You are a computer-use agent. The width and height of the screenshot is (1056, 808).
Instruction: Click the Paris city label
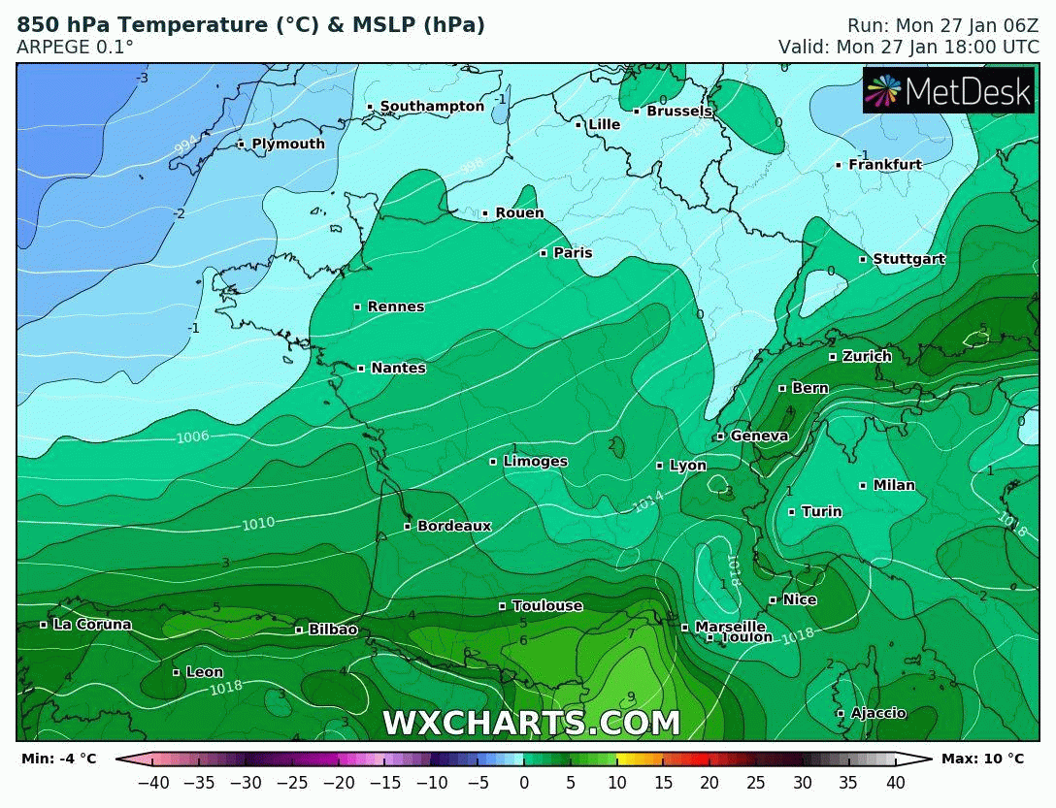[x=572, y=253]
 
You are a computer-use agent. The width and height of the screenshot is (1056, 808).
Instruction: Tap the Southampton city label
[x=431, y=107]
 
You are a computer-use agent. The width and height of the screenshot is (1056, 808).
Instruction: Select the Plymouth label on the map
[x=287, y=145]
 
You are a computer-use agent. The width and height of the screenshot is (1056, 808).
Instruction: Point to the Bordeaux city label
[x=453, y=526]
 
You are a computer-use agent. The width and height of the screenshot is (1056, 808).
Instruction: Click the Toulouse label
[x=546, y=606]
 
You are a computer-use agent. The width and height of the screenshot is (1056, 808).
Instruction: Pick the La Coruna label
[x=91, y=625]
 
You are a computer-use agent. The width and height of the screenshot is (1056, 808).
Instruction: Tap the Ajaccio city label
[x=877, y=713]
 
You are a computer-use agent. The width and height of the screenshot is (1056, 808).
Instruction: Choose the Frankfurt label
[x=884, y=165]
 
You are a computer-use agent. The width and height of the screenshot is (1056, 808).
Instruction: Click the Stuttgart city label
[x=907, y=259]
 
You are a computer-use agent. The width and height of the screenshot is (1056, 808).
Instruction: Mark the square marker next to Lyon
[x=659, y=466]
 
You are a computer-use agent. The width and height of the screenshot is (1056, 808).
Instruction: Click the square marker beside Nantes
[x=361, y=369]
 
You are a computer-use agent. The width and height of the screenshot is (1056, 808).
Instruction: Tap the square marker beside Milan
[x=863, y=485]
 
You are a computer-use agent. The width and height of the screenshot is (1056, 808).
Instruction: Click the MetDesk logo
[x=948, y=91]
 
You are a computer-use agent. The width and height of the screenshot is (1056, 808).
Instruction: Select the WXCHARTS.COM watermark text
[x=531, y=724]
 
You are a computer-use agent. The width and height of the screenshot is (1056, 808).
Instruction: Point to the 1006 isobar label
[x=192, y=437]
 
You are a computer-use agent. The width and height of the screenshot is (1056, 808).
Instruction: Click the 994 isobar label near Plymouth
[x=185, y=145]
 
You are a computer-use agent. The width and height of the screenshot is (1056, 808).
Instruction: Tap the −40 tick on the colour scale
[x=152, y=782]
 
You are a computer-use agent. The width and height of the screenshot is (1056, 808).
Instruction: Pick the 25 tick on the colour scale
[x=755, y=782]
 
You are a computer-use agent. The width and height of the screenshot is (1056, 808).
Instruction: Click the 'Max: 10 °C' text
[x=982, y=759]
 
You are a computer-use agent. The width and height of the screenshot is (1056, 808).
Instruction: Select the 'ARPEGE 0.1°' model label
[x=75, y=47]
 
